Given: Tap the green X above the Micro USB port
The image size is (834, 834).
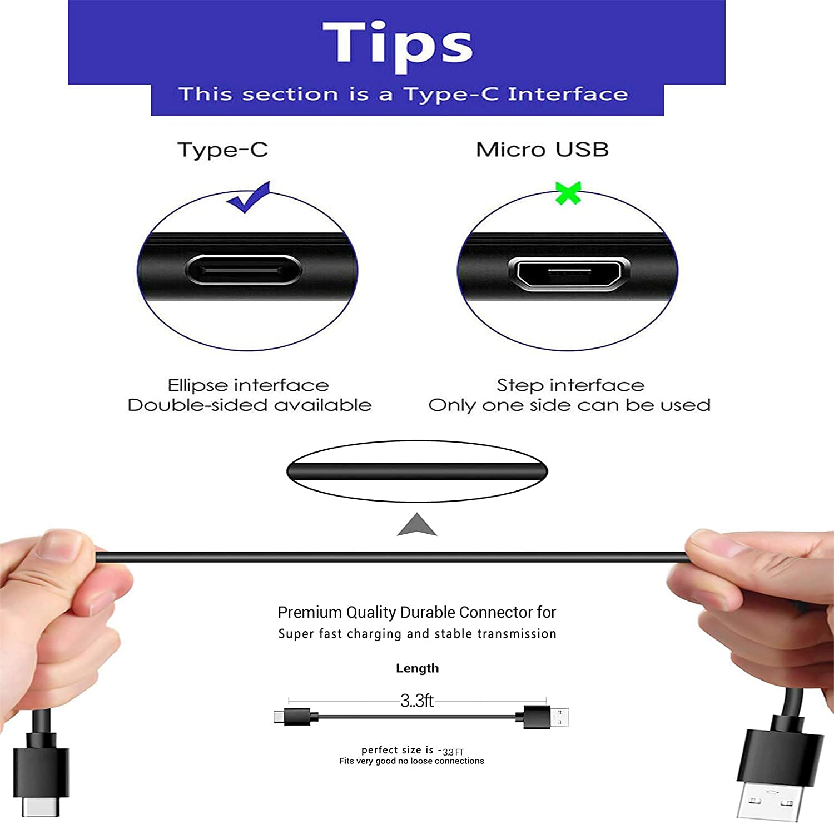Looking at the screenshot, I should [x=568, y=193].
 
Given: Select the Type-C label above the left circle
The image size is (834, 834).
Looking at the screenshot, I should [x=222, y=150].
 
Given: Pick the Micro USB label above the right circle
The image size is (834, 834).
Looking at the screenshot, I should [x=542, y=150].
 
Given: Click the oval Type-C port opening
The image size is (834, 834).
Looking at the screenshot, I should [x=244, y=270].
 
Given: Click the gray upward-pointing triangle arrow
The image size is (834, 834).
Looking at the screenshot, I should [x=417, y=525].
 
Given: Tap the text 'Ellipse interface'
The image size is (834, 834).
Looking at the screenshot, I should [x=248, y=385].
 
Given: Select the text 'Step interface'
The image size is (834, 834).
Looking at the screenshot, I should [x=570, y=385].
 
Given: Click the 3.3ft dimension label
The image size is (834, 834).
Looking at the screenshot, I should [x=416, y=701].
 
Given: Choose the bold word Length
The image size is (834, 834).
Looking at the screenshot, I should [x=417, y=668].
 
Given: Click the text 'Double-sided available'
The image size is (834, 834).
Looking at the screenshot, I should [x=249, y=405].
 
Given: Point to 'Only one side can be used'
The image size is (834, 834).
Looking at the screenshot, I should [x=569, y=405].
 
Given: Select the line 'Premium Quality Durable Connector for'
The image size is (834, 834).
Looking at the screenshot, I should [x=416, y=612].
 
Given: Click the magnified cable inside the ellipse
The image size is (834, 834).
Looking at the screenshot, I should [x=417, y=471].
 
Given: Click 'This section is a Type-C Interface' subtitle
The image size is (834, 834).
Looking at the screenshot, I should [x=403, y=95].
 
